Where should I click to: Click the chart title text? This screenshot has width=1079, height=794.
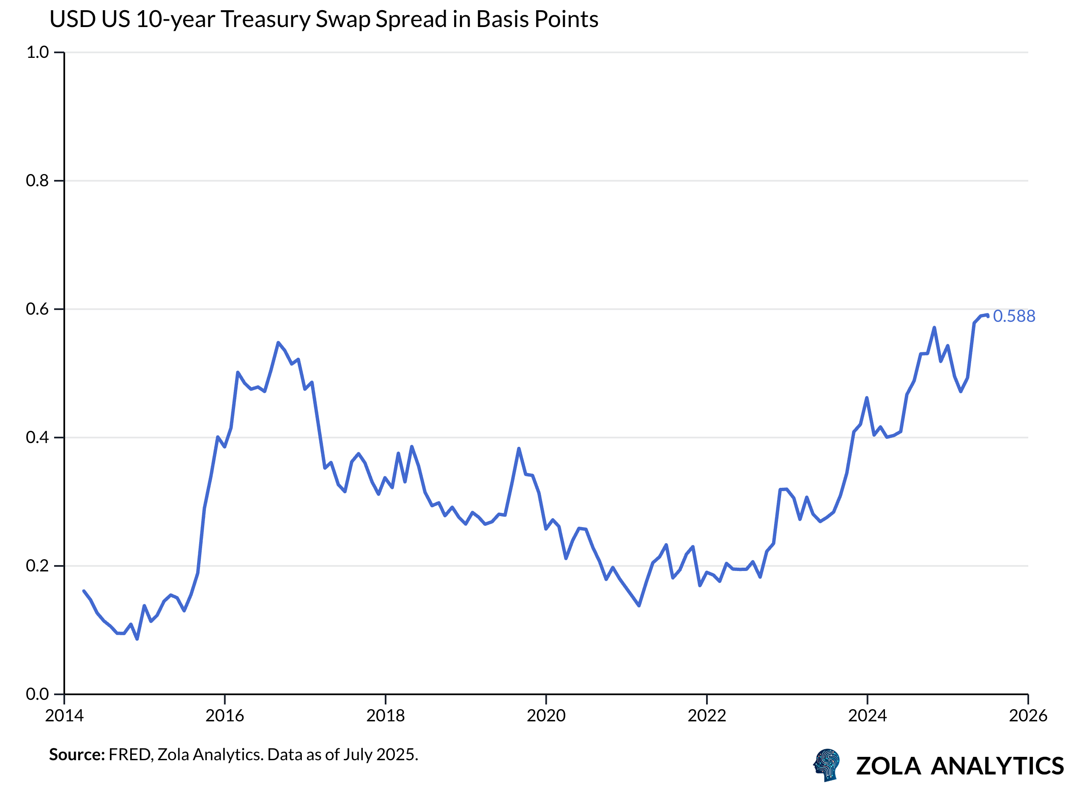(x=323, y=20)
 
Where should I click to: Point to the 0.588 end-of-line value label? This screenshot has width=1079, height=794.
(x=1013, y=316)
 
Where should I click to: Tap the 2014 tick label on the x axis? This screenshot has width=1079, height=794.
(x=64, y=716)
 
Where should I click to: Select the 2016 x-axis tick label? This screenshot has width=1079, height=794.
(x=225, y=716)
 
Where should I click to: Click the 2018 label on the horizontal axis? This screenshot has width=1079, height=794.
(x=385, y=716)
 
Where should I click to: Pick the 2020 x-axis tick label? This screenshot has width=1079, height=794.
(x=546, y=716)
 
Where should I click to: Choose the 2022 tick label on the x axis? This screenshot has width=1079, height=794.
(x=707, y=716)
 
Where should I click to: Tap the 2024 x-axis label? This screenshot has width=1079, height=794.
(x=867, y=716)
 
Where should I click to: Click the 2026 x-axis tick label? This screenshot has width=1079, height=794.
(x=1028, y=716)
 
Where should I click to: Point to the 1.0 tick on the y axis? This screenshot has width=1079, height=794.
(x=38, y=52)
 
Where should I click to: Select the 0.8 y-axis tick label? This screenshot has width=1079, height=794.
(x=38, y=181)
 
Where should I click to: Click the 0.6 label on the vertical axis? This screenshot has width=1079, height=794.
(x=38, y=309)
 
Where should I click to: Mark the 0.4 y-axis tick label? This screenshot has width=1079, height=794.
(x=38, y=438)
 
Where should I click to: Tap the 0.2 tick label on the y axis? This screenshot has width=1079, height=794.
(x=38, y=566)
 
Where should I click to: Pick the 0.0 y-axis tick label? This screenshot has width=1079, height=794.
(x=38, y=694)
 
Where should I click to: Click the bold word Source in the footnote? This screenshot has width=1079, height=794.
(x=77, y=755)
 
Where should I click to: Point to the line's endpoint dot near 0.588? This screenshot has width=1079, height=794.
(x=988, y=316)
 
